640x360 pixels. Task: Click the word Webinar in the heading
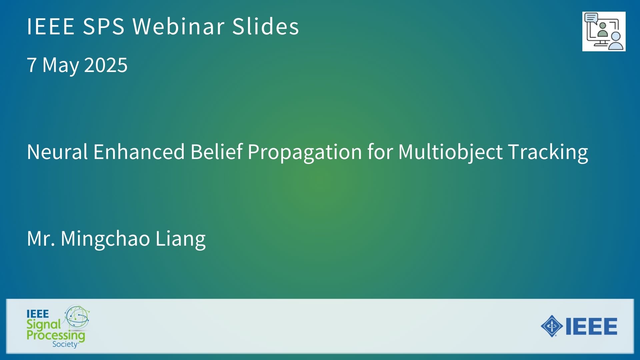pos(178,26)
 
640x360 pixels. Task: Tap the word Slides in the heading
pos(266,26)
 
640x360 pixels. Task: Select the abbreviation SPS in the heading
pos(104,26)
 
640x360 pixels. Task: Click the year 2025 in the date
pos(106,65)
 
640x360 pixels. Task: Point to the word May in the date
pos(62,65)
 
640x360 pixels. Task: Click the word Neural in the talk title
pos(57,152)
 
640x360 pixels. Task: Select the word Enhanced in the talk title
pos(139,152)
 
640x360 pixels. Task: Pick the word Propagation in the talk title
pos(305,153)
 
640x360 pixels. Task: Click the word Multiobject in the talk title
pos(450,153)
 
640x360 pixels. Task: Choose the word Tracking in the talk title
pos(548,153)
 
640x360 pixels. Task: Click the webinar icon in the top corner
pos(604,32)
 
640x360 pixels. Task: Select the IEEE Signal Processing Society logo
pos(58,326)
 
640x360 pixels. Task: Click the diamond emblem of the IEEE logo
pos(552,326)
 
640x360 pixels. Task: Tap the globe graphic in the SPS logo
pos(77,317)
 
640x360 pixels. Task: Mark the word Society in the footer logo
pos(65,344)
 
